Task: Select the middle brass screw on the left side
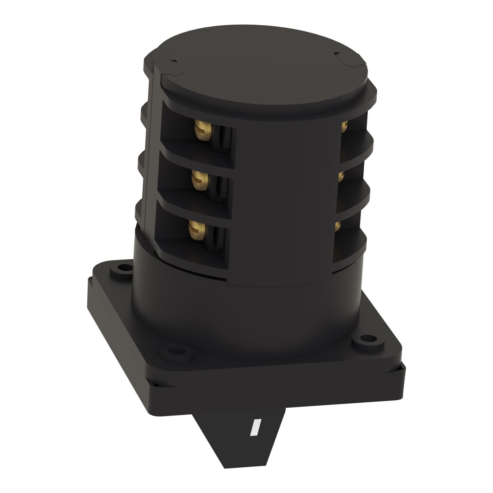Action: coord(197,179)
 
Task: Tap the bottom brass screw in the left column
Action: coord(195,229)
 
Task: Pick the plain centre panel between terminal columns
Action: coord(286,197)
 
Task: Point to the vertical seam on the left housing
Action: coord(149,148)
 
